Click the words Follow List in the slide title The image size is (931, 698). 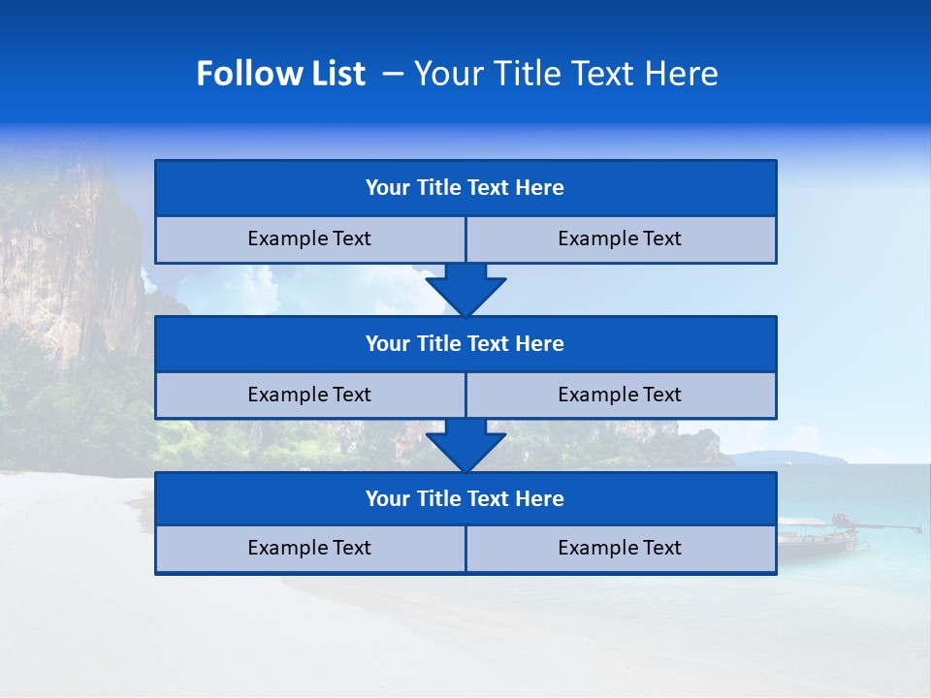[280, 74]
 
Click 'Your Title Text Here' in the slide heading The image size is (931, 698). [565, 74]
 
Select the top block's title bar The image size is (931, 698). [465, 188]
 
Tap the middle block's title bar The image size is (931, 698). [465, 343]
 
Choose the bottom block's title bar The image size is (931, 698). [465, 498]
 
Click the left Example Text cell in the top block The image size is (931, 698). [309, 238]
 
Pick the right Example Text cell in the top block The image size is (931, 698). [620, 238]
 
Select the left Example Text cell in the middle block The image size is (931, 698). [309, 395]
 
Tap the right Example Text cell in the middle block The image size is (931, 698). [620, 395]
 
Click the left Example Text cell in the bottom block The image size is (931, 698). [309, 548]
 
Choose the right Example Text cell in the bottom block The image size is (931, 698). [620, 548]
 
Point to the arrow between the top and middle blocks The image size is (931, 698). [465, 290]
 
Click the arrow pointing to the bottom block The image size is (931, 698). [465, 446]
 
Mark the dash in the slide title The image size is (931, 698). [394, 74]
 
